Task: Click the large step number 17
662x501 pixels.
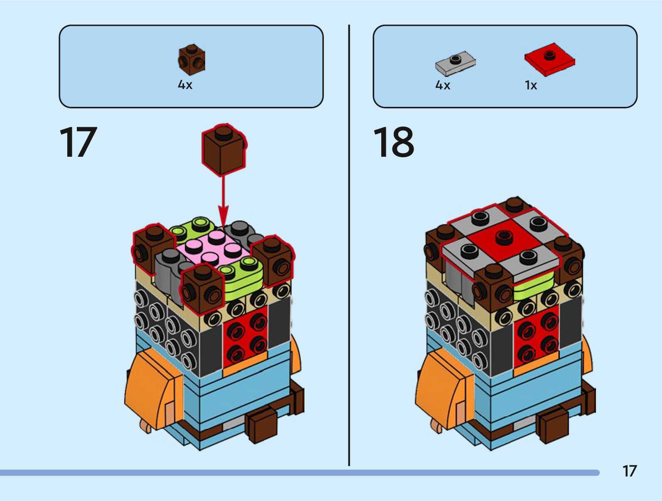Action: tap(78, 142)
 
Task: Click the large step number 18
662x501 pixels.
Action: tap(393, 142)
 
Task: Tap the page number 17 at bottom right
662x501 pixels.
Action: tap(629, 471)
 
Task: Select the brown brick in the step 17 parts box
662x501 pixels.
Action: tap(191, 59)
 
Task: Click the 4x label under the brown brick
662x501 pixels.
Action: tap(185, 85)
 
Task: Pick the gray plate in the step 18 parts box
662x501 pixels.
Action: tap(456, 63)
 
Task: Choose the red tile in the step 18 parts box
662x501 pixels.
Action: tap(549, 59)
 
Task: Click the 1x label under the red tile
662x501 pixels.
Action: tap(531, 85)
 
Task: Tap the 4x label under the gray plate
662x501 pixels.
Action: tap(443, 85)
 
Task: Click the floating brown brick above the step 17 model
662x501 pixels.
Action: tap(223, 150)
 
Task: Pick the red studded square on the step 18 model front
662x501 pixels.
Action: tap(536, 337)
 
